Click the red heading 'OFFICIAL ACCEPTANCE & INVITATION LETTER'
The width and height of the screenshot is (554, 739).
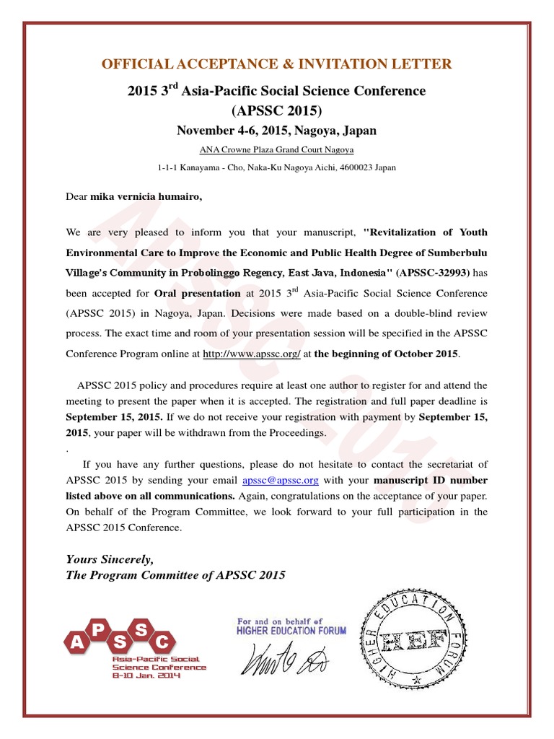tap(277, 64)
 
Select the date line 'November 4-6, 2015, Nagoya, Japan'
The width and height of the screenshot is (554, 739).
tap(277, 131)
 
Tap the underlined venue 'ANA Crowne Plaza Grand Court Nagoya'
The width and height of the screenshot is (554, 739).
tap(277, 150)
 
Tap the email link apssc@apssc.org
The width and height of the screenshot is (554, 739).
tap(281, 480)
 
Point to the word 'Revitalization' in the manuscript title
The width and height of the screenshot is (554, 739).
tap(400, 232)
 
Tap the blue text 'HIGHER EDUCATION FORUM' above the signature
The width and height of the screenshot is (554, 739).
tap(291, 630)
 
